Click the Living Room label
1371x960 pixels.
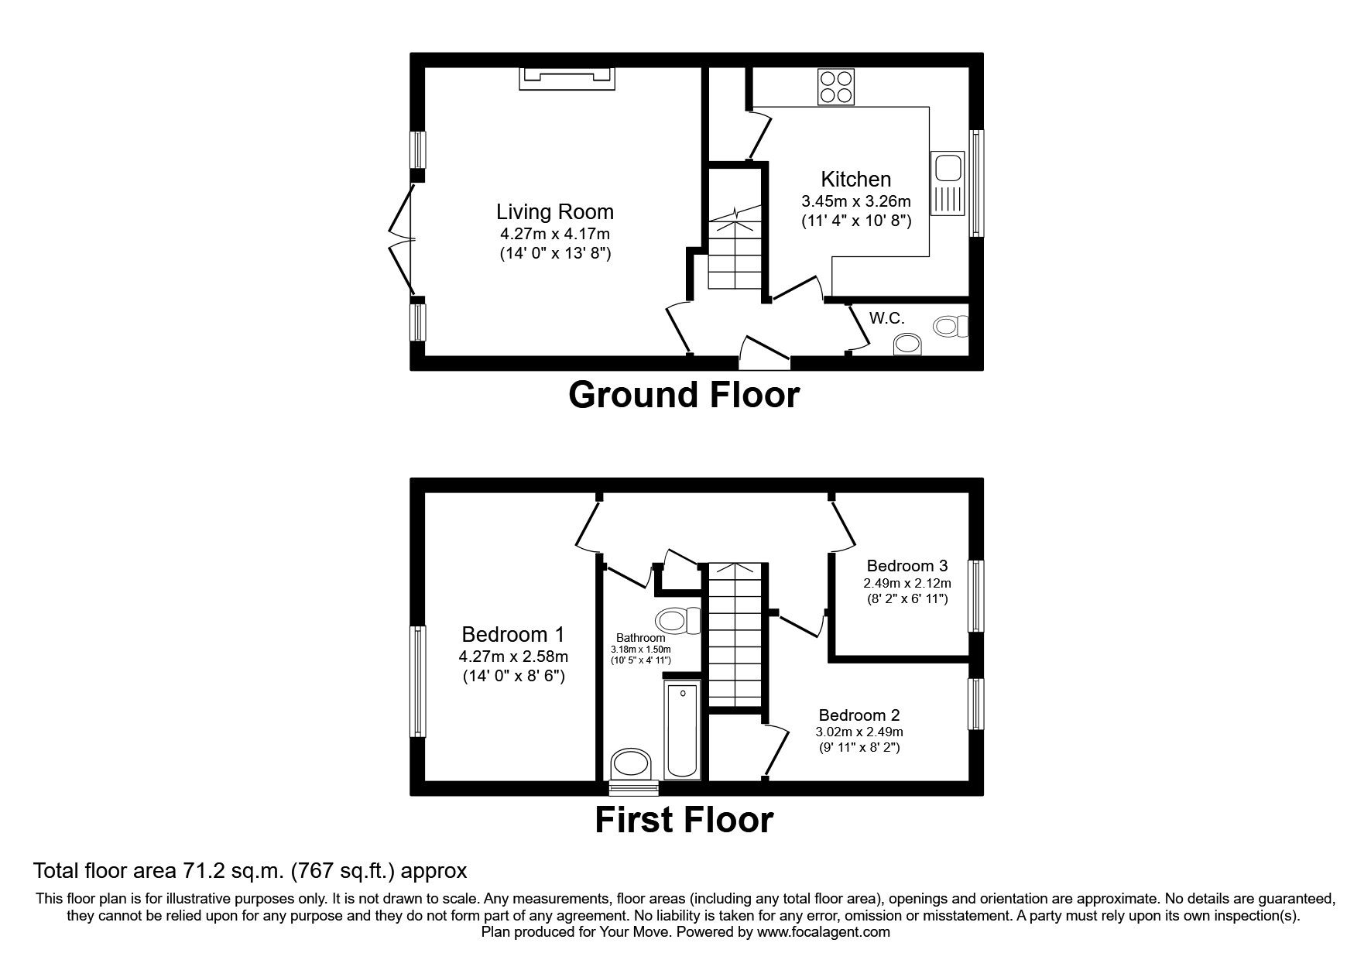click(554, 211)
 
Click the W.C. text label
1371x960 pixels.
click(886, 318)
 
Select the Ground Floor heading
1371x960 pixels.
click(684, 396)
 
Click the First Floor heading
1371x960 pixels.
click(684, 820)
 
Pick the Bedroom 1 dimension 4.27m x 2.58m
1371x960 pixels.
click(513, 657)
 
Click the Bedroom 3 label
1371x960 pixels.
click(907, 566)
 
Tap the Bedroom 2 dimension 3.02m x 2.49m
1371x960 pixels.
click(859, 732)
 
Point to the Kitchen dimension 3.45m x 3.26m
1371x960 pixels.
click(855, 201)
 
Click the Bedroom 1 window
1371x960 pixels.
click(418, 681)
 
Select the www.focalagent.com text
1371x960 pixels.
click(824, 932)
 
